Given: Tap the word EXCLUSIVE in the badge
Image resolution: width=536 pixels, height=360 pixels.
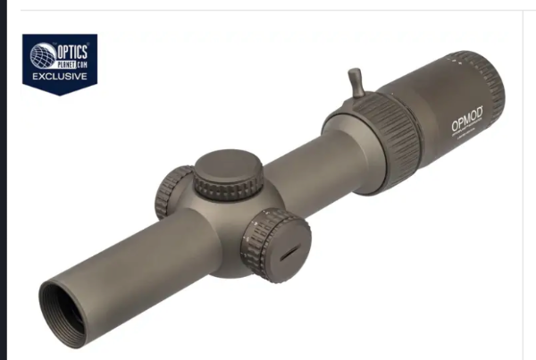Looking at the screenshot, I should (x=60, y=76).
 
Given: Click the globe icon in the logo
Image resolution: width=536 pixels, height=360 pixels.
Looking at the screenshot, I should (x=41, y=55).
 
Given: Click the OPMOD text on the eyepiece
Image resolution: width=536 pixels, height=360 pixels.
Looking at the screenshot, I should (x=466, y=119).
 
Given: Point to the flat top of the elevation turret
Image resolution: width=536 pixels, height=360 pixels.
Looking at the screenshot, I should (x=229, y=165).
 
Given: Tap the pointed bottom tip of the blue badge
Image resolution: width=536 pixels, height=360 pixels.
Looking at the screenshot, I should (x=60, y=94).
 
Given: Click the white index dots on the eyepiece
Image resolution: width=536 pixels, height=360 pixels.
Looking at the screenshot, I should (x=461, y=62).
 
